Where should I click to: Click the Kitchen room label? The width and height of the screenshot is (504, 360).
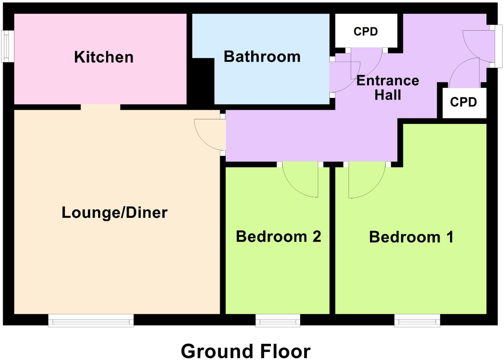pos(104,57)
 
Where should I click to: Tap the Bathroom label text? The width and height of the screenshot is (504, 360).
pos(262,57)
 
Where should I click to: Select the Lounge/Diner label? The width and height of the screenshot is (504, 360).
pos(114,212)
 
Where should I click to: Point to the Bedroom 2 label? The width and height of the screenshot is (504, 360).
pos(278,237)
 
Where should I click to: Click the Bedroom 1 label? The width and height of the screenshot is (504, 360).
pos(411,237)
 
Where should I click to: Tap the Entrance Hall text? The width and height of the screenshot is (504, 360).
pos(388,87)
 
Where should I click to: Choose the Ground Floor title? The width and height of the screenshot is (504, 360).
pos(246,351)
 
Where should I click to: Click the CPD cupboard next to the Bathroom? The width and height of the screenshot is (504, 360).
pos(366,31)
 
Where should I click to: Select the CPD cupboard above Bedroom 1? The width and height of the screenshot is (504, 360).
pos(463,102)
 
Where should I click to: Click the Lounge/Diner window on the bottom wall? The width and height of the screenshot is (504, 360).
pos(91,320)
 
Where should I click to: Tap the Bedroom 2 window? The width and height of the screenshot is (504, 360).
pos(278,320)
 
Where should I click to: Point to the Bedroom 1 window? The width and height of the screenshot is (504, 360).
pos(417,320)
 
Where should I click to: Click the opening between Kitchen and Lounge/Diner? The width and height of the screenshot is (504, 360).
pos(100,107)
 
